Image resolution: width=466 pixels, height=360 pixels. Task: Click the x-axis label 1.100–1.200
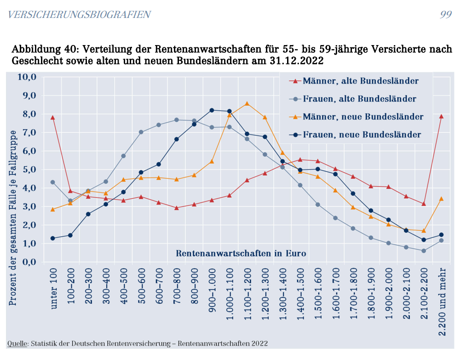pos(247,295)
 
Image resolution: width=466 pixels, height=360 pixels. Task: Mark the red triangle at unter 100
pos(53,118)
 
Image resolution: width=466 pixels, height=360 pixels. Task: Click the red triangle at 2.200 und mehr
pos(441,116)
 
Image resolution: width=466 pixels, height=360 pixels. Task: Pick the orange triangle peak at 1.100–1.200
pos(247,103)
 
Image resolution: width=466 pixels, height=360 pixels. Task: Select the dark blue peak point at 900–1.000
pos(212,110)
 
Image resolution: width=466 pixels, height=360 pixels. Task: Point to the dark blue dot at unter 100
pos(53,238)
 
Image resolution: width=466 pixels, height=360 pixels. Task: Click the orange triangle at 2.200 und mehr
pos(441,199)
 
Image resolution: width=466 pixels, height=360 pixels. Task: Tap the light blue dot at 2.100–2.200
pos(424,251)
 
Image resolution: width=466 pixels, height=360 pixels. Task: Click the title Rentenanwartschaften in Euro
pos(241,253)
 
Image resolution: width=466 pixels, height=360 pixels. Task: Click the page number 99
pos(446,14)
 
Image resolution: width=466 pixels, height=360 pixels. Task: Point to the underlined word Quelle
pos(17,343)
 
